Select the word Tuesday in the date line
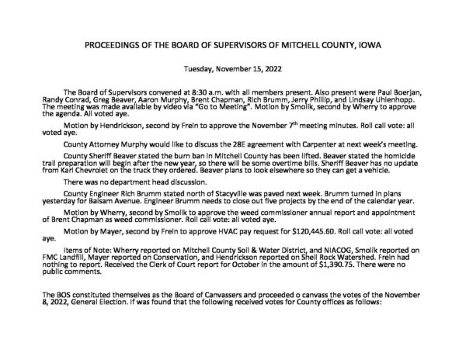pos(203,68)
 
